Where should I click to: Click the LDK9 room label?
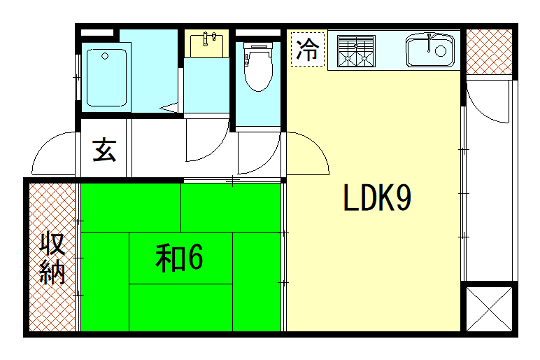(378, 200)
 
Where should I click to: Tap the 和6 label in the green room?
(180, 258)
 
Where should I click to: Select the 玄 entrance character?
(104, 151)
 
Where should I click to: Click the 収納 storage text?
(53, 257)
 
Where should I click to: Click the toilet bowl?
(259, 73)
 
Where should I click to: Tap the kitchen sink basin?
(430, 49)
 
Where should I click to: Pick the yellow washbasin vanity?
(208, 50)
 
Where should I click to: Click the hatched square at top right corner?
(490, 53)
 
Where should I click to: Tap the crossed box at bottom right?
(490, 308)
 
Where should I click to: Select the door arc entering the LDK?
(308, 153)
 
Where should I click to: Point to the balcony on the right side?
(490, 180)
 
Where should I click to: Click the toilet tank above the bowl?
(259, 48)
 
